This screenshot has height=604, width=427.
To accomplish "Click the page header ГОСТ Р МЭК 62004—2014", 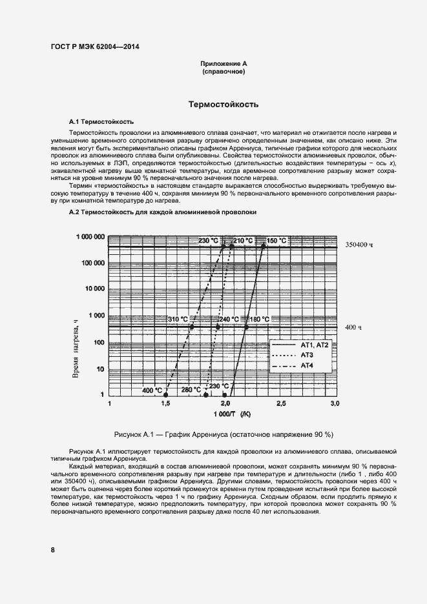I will (94, 46).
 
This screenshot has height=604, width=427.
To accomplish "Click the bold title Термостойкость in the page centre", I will (224, 104).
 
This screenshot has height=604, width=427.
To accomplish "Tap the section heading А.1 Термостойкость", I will (101, 121).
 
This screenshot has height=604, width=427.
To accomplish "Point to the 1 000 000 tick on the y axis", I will (90, 237).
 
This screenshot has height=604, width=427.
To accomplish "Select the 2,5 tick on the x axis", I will (280, 403).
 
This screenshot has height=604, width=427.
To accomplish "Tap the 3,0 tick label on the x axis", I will (335, 403).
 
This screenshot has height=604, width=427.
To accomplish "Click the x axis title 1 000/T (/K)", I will (223, 414).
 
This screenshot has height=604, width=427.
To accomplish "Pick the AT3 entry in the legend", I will (307, 356).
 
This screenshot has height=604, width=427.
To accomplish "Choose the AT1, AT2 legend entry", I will (315, 345).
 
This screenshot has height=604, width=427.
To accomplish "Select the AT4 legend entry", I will (307, 366).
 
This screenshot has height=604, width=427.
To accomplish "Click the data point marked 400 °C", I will (166, 395).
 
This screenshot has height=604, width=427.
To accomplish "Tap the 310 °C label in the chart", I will (178, 319).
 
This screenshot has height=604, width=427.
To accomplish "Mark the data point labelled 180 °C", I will (246, 327).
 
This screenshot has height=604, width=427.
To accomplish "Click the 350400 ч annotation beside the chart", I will (359, 245).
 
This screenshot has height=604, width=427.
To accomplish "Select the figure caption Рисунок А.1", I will (223, 434).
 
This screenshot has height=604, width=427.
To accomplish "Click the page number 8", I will (53, 550).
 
